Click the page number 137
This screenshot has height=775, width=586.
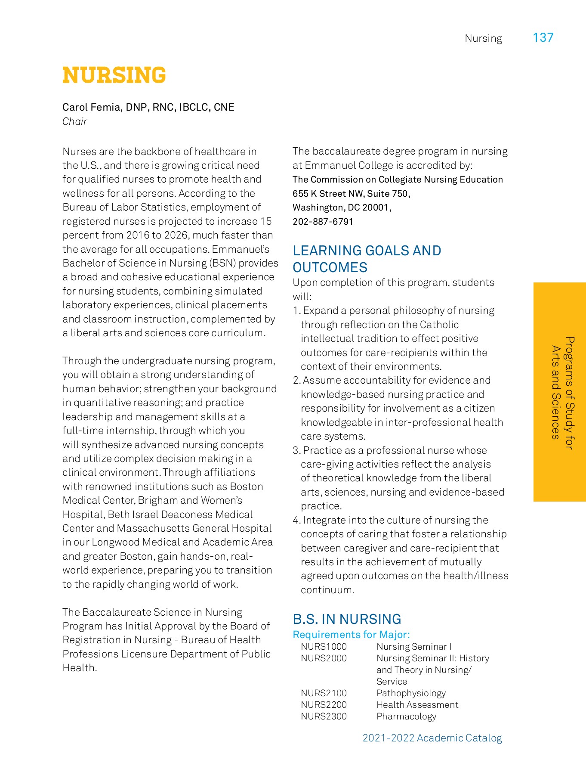(x=543, y=38)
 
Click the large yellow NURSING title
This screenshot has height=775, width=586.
(x=114, y=75)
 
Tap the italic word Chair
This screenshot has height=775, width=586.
(x=74, y=121)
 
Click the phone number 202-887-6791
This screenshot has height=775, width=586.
(x=323, y=222)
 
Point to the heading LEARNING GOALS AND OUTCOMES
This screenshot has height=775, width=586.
(x=367, y=259)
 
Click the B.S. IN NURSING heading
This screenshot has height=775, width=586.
(x=347, y=619)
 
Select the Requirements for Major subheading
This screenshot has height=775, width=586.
(x=351, y=635)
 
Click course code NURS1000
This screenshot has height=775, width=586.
(x=324, y=647)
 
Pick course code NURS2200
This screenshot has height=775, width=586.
(x=324, y=705)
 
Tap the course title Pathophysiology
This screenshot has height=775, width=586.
(x=411, y=693)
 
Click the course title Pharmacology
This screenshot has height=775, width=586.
(x=406, y=716)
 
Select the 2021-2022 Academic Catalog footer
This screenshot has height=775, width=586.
(x=432, y=738)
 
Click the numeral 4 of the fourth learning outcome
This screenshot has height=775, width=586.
(x=296, y=521)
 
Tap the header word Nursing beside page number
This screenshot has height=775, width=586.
(x=483, y=39)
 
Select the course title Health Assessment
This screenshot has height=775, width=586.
(x=417, y=705)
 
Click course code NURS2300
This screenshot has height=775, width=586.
(x=324, y=716)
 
